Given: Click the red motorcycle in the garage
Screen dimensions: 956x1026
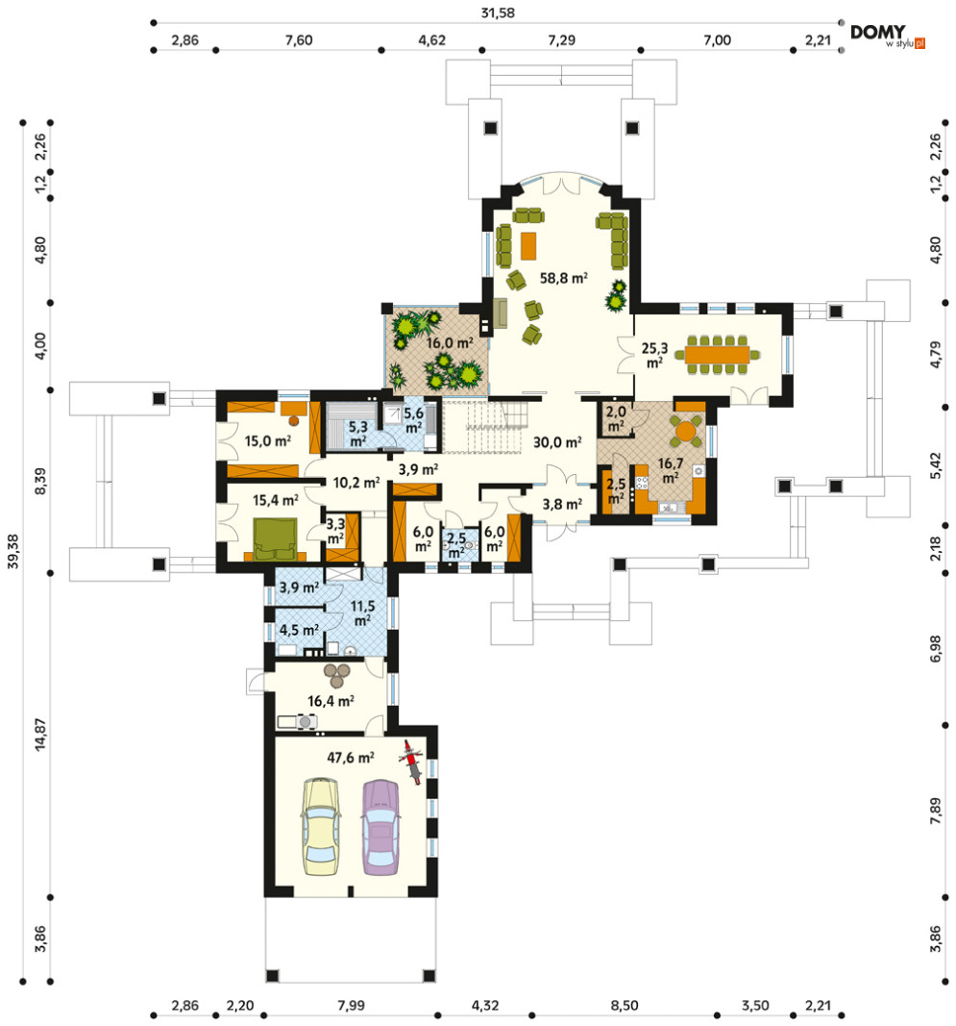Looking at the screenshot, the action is click(x=410, y=762).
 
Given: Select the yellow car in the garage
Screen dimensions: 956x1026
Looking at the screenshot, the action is click(x=321, y=826).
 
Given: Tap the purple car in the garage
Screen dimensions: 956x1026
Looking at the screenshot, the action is click(x=381, y=827).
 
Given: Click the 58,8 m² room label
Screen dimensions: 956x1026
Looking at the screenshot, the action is click(x=564, y=278).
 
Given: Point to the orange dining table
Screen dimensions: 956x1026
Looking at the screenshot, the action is click(x=718, y=354).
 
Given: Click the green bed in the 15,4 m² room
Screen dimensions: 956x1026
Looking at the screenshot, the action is click(x=276, y=539).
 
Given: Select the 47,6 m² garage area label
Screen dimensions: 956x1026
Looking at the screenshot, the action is click(x=351, y=757).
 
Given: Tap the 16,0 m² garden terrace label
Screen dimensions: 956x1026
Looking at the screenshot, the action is click(x=450, y=343).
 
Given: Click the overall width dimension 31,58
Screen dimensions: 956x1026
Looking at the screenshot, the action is click(x=498, y=13).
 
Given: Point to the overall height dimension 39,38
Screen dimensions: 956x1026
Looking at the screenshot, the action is click(x=13, y=552).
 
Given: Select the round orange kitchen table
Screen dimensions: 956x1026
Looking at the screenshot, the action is click(x=686, y=431).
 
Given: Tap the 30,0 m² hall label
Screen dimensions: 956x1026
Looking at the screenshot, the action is click(x=557, y=442).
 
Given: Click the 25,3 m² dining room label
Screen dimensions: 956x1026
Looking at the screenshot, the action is click(x=654, y=355).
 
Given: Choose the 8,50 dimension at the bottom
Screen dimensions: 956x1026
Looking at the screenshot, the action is click(x=625, y=1005).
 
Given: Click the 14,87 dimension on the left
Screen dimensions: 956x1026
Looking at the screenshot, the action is click(x=40, y=735).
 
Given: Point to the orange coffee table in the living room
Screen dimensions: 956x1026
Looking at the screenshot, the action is click(x=528, y=245).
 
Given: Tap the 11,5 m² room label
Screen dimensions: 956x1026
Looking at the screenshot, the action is click(x=362, y=613).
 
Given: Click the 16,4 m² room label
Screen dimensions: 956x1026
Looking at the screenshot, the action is click(x=331, y=701).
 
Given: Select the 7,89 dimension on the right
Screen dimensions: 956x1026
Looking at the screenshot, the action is click(x=936, y=810).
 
